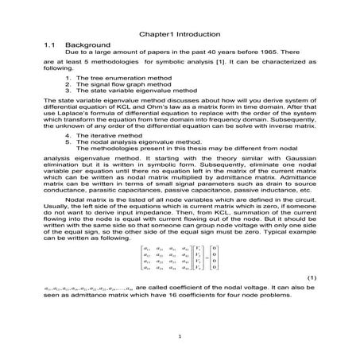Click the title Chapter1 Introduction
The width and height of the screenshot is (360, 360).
[x=180, y=34]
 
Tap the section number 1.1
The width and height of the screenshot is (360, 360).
[x=49, y=45]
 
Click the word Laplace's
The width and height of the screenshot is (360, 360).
[x=79, y=113]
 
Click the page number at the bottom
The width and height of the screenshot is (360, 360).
[x=180, y=337]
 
